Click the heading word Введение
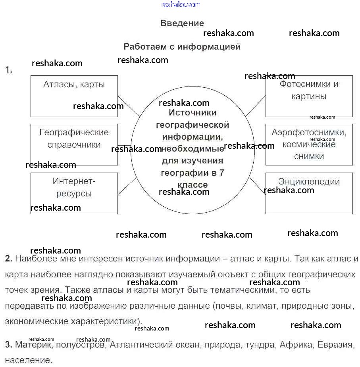(182, 23)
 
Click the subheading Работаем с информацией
(182, 46)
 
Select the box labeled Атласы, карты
(74, 96)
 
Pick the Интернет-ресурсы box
(74, 193)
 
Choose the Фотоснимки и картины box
(309, 96)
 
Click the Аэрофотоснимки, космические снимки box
(309, 144)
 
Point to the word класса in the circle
(193, 185)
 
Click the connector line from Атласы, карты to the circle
(129, 106)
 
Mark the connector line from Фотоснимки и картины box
(256, 106)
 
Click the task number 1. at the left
(9, 70)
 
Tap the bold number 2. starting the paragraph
(9, 259)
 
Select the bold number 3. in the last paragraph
(9, 345)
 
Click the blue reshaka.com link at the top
(180, 4)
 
